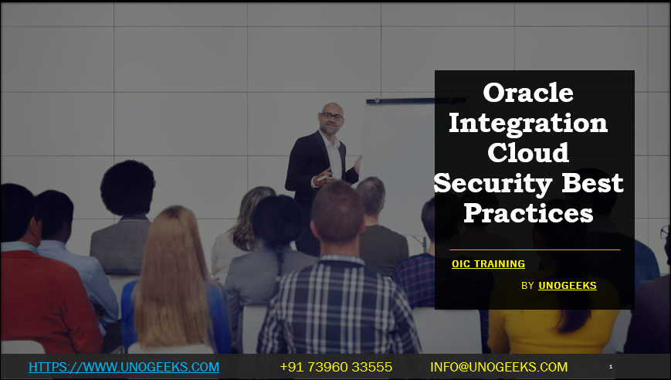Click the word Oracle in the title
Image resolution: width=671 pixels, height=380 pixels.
[x=528, y=93]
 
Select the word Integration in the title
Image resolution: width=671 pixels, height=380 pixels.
[x=528, y=122]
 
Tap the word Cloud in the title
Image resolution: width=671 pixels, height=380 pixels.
[x=528, y=152]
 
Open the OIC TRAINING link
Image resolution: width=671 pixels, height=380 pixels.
[x=488, y=264]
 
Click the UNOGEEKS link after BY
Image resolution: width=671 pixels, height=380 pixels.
[x=568, y=286]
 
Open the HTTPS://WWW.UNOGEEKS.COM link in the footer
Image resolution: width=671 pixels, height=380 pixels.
[x=124, y=367]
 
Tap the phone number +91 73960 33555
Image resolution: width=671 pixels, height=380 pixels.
[x=336, y=367]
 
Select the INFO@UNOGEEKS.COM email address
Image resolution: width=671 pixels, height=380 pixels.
[x=499, y=367]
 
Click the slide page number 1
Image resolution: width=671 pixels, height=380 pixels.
[x=611, y=367]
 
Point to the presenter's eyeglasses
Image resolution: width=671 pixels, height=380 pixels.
[x=332, y=117]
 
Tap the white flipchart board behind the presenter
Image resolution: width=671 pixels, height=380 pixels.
[x=394, y=147]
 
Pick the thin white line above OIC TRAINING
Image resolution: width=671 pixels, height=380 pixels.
[x=534, y=249]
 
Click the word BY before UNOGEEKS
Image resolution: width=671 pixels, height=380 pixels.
[x=528, y=286]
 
